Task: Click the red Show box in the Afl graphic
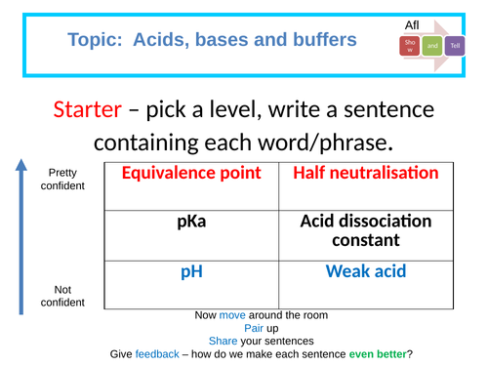click(x=408, y=46)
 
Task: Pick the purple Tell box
click(x=455, y=45)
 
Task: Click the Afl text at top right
click(x=414, y=23)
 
